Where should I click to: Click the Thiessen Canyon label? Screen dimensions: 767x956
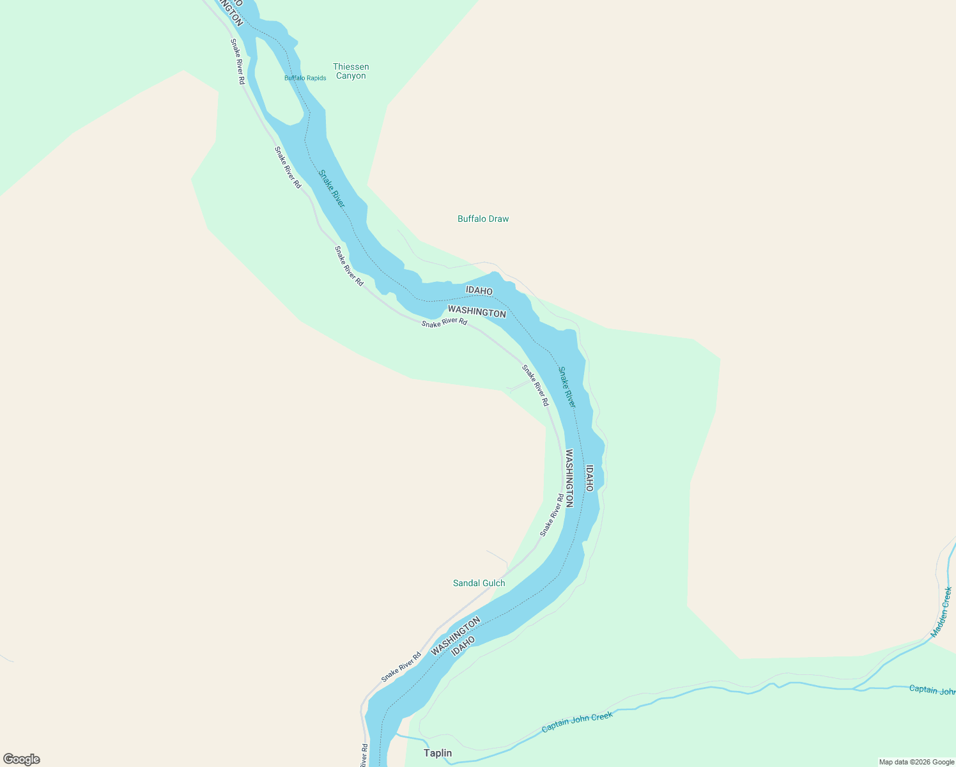pos(351,71)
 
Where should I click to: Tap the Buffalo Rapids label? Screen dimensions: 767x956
pos(305,78)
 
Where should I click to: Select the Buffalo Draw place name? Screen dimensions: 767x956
pos(483,219)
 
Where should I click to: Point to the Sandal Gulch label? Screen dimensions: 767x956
pos(479,583)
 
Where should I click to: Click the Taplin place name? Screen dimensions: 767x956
pos(438,753)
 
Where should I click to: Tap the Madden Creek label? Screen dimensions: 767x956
pos(941,612)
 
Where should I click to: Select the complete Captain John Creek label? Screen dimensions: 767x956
pos(577,722)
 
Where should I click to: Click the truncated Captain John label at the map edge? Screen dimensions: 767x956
pos(932,690)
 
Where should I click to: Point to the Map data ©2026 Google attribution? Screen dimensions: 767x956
pos(916,762)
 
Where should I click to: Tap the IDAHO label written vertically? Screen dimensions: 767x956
pos(589,478)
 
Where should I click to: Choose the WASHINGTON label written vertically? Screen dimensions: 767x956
pos(569,478)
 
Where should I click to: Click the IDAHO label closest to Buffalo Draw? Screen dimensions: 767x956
pos(479,291)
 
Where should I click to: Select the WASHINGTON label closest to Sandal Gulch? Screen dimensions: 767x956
pos(455,637)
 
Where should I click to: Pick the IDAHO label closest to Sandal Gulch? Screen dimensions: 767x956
pos(463,646)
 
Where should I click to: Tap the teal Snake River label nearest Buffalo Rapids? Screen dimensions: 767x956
pos(331,189)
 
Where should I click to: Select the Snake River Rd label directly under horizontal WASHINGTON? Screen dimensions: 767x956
pos(444,323)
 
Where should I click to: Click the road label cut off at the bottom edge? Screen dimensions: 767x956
pos(364,755)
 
